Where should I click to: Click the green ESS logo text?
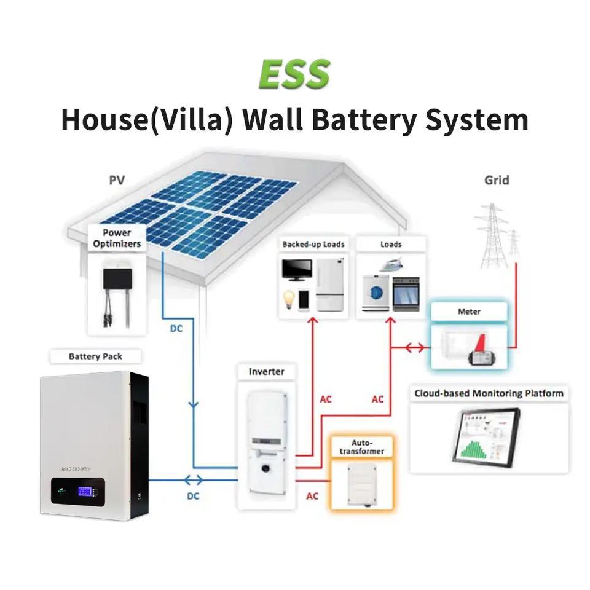294,74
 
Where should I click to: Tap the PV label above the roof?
117,180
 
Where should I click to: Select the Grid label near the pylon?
497,180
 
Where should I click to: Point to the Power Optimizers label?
117,238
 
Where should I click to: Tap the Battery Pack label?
95,356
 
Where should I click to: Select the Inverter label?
266,372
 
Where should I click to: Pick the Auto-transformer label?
368,447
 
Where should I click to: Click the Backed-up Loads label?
313,244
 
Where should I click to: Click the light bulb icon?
288,299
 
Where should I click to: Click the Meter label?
469,312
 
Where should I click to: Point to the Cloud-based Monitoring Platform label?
489,393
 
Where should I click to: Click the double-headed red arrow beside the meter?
414,348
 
